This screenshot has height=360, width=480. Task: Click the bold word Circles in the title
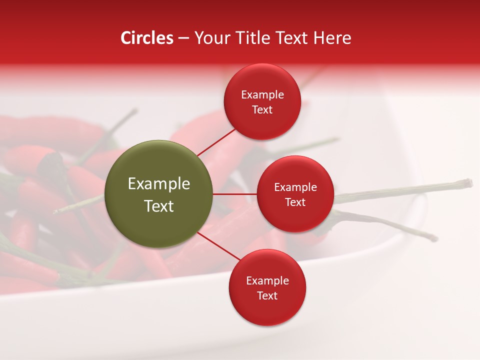click(147, 38)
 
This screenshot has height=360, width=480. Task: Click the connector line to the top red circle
click(216, 142)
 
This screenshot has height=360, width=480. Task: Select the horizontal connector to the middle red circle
click(235, 194)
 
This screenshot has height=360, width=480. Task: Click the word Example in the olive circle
click(159, 184)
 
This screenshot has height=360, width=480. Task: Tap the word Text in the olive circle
click(159, 206)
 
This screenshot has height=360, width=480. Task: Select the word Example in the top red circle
click(262, 94)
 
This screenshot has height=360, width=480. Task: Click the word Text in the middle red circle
click(295, 202)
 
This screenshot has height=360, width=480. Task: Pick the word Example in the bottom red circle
click(267, 280)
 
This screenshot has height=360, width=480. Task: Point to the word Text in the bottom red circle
click(267, 295)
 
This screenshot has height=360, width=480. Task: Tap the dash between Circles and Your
click(183, 38)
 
